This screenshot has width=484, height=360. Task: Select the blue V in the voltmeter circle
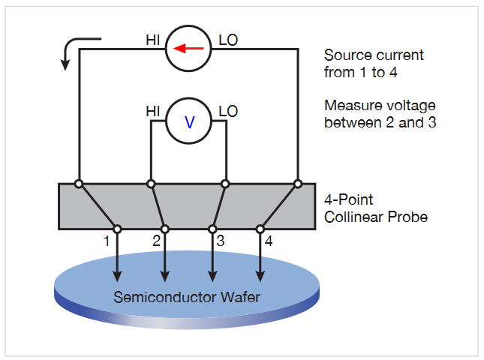188,121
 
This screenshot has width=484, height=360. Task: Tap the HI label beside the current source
154,39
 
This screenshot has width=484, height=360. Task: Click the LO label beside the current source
227,39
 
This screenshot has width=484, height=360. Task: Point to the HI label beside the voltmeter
153,112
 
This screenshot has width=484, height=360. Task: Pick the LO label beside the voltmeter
227,112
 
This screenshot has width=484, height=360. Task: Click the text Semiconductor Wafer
187,297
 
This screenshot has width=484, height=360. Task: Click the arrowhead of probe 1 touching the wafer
117,275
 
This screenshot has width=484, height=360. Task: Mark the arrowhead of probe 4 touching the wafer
260,275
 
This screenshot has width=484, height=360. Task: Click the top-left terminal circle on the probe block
78,183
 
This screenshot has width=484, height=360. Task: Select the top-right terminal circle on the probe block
298,183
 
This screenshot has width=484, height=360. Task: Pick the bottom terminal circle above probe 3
212,229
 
